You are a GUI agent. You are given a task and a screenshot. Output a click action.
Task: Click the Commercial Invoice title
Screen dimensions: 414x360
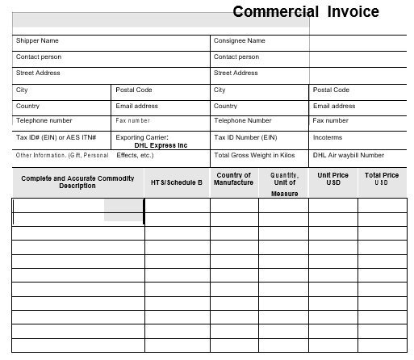pos(305,12)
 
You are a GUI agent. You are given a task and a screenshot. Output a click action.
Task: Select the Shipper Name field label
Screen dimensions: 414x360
pos(37,40)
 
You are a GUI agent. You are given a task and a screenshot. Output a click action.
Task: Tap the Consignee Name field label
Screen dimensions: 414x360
pos(239,40)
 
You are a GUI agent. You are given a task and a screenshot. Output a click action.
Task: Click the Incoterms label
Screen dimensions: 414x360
pos(328,137)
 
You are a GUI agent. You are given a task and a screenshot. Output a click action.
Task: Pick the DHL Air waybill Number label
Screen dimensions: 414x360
pos(349,155)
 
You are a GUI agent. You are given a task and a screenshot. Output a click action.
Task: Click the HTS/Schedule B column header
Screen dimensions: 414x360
pos(177,182)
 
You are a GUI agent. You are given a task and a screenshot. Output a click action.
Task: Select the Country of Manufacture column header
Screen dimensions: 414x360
pos(234,179)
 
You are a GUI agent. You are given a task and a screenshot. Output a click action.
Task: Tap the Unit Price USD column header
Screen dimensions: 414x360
pos(332,179)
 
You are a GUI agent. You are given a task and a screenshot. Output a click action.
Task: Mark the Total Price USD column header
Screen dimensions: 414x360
pos(382,179)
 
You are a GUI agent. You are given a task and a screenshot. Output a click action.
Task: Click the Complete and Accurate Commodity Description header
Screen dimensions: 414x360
pos(77,182)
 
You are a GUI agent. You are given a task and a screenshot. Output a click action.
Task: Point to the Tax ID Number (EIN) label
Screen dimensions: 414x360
pos(245,137)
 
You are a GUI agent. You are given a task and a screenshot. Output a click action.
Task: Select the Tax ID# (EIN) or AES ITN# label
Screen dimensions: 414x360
pos(50,137)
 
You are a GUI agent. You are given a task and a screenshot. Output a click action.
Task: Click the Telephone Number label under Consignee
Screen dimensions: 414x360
pos(242,121)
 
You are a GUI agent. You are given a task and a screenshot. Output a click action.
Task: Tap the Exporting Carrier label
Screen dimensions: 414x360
pos(142,137)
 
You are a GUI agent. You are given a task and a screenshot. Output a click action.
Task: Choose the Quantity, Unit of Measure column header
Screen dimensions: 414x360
pos(284,183)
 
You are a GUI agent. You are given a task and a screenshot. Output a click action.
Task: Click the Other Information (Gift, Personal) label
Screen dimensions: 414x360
pos(61,155)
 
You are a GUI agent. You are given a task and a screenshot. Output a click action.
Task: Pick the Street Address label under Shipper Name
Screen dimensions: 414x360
pos(38,73)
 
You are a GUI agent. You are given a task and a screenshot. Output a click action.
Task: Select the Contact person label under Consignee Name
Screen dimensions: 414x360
pos(236,57)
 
